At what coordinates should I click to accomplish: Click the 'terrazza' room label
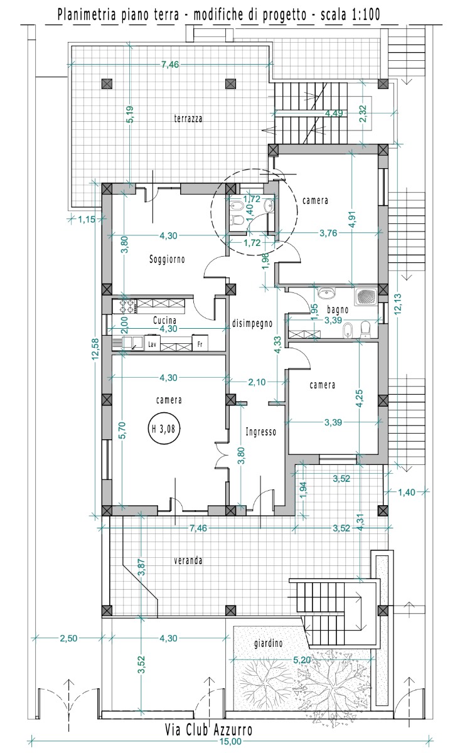click(x=188, y=119)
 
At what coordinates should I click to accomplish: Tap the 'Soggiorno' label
click(x=167, y=260)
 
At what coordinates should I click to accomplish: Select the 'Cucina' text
click(x=164, y=320)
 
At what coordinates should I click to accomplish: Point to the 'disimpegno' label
click(x=252, y=323)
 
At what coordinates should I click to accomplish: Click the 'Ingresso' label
click(x=260, y=432)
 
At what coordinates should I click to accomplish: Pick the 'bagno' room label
click(x=338, y=309)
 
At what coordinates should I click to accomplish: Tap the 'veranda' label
click(x=188, y=560)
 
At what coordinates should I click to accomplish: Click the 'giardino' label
click(x=269, y=643)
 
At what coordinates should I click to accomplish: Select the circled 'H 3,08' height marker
click(x=164, y=429)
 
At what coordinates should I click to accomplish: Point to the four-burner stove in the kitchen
click(x=125, y=306)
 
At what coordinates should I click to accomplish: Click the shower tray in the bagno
click(x=367, y=296)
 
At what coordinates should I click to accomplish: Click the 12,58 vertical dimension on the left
click(x=95, y=349)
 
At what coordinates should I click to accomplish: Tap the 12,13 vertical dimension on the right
click(x=398, y=304)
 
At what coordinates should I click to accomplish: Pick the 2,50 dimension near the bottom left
click(x=68, y=638)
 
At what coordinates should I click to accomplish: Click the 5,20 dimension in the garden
click(x=302, y=660)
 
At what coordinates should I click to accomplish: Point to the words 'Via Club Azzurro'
click(x=208, y=727)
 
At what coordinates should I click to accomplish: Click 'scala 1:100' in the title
click(x=350, y=14)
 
